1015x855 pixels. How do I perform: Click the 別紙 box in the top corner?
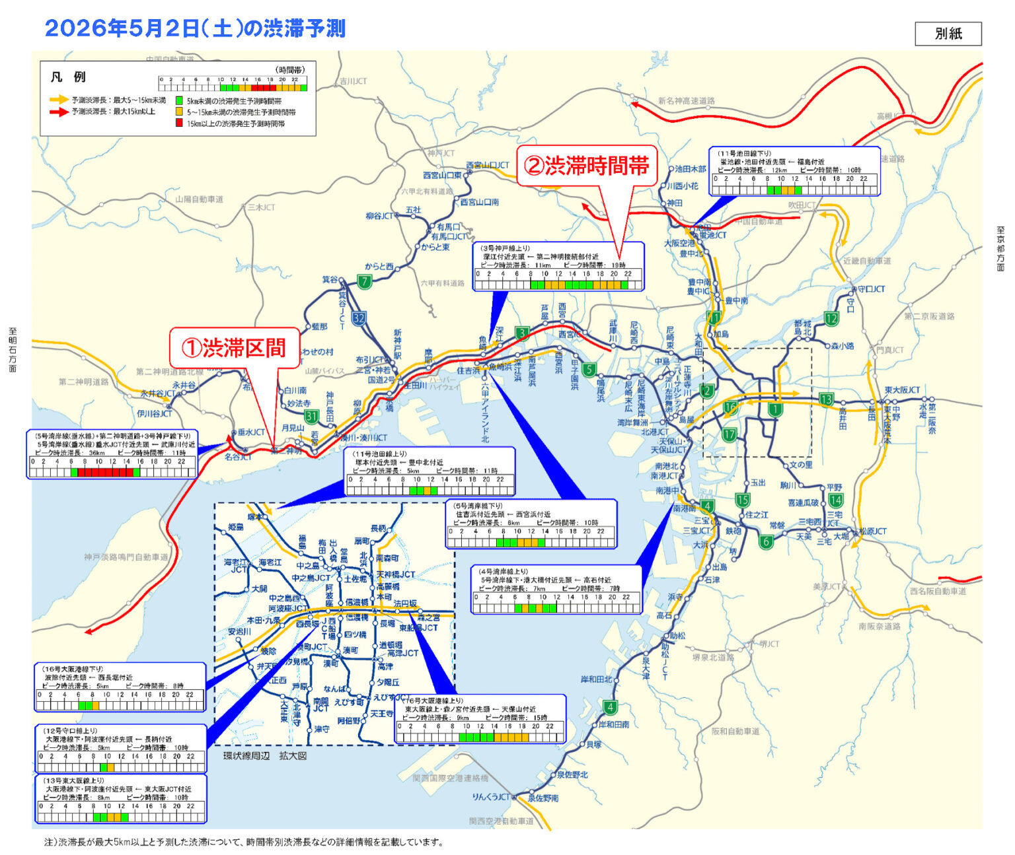948,34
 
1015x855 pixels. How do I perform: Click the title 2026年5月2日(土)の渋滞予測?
195,28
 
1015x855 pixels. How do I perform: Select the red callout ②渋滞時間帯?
586,166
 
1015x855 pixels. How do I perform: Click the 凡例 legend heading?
68,77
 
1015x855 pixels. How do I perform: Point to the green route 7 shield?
364,282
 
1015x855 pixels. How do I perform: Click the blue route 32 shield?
359,318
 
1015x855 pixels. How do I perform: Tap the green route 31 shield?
311,416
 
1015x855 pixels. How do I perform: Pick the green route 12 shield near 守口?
831,318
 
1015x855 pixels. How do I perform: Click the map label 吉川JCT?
353,81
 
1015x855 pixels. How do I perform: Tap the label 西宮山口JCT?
488,165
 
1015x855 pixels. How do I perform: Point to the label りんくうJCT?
491,796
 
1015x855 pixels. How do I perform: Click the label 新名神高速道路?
686,101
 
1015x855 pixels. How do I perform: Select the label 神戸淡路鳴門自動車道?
126,557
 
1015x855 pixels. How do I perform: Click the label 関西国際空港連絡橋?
450,778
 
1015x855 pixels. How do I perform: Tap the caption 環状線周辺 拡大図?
264,755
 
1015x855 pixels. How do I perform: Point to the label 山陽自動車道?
199,199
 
